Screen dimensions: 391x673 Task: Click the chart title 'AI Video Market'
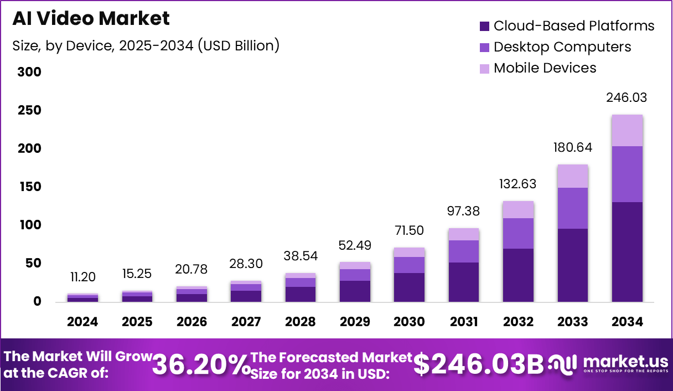(91, 18)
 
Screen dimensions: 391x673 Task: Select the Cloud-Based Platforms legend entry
(567, 25)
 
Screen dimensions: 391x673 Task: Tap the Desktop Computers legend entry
(555, 47)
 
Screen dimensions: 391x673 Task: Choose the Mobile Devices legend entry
(538, 68)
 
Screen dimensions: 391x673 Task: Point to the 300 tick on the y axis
(29, 72)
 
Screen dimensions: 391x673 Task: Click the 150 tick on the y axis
(29, 187)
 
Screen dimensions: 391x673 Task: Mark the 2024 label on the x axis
(83, 322)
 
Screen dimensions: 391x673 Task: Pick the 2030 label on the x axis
(409, 322)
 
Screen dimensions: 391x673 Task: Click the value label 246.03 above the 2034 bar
(627, 98)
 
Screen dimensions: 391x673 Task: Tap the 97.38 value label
(463, 211)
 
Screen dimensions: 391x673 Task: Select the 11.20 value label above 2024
(83, 277)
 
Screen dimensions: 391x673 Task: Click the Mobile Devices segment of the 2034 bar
(627, 131)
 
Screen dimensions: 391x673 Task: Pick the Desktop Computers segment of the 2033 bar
(572, 208)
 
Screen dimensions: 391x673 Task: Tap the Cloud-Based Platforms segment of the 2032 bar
(518, 275)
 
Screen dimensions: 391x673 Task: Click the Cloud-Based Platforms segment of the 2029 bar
(355, 291)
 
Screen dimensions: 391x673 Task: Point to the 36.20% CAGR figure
(200, 365)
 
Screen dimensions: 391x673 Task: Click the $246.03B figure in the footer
(479, 364)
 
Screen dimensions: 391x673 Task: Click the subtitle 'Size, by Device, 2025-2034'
(146, 45)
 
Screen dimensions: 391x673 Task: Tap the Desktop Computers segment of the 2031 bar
(463, 251)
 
